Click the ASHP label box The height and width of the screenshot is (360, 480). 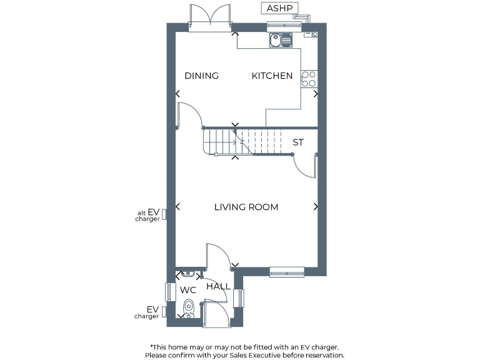279,8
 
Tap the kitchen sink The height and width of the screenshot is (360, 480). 281,41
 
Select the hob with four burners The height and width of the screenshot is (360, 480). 309,79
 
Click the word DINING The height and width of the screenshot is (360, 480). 201,76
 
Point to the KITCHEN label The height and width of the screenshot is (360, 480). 272,76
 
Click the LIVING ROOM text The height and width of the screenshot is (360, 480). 246,207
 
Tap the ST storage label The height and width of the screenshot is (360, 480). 298,142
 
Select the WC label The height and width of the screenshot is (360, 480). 188,290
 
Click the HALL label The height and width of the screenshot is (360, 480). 218,286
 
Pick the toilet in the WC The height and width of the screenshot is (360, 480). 189,308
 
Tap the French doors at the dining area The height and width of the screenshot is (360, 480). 210,16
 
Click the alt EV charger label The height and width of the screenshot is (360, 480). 147,216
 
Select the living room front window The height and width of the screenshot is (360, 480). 287,271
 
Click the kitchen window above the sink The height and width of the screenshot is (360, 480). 284,26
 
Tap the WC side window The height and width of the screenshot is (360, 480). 168,292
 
